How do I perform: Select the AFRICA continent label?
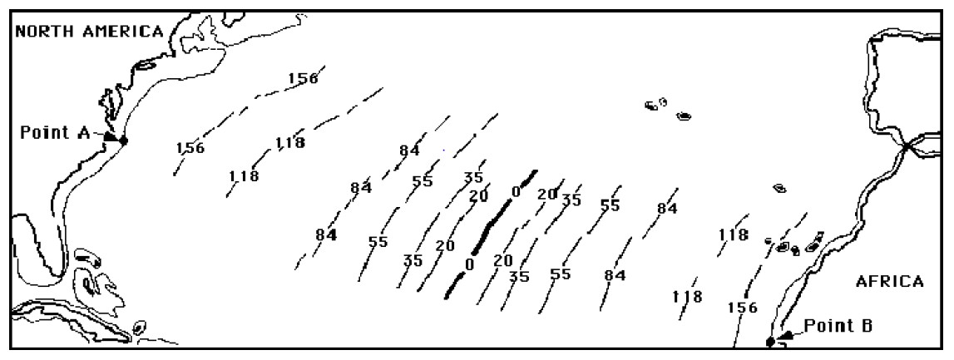[x=889, y=281]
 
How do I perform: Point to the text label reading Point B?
[x=838, y=326]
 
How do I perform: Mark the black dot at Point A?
[x=123, y=141]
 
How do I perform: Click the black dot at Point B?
[x=770, y=342]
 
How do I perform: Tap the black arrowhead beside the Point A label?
[x=111, y=136]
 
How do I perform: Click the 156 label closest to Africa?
[x=743, y=308]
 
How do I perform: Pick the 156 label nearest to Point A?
[x=190, y=148]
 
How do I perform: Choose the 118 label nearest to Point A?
[x=244, y=176]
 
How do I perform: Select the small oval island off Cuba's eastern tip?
[x=140, y=328]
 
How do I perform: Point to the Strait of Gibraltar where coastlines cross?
[x=907, y=146]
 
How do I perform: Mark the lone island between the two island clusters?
[x=779, y=189]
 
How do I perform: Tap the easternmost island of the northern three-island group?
[x=684, y=116]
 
